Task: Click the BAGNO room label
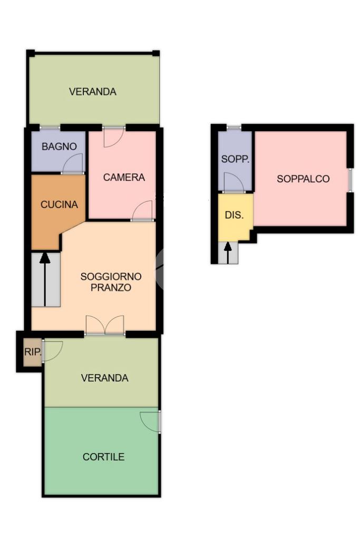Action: point(59,146)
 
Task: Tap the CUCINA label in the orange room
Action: point(59,204)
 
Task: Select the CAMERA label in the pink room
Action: point(124,178)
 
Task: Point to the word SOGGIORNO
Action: point(111,277)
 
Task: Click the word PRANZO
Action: point(111,287)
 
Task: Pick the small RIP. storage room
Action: point(33,352)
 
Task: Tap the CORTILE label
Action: point(103,457)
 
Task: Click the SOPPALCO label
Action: point(303,179)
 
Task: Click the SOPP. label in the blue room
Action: point(235,159)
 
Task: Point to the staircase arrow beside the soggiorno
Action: point(45,280)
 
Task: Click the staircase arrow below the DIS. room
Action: point(228,253)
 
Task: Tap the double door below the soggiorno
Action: point(105,325)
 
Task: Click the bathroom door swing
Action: point(73,163)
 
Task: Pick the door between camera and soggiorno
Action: point(142,210)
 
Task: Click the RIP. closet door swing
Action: point(52,351)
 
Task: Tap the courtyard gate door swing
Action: point(150,422)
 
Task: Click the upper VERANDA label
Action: point(92,92)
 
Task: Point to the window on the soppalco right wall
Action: point(350,180)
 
